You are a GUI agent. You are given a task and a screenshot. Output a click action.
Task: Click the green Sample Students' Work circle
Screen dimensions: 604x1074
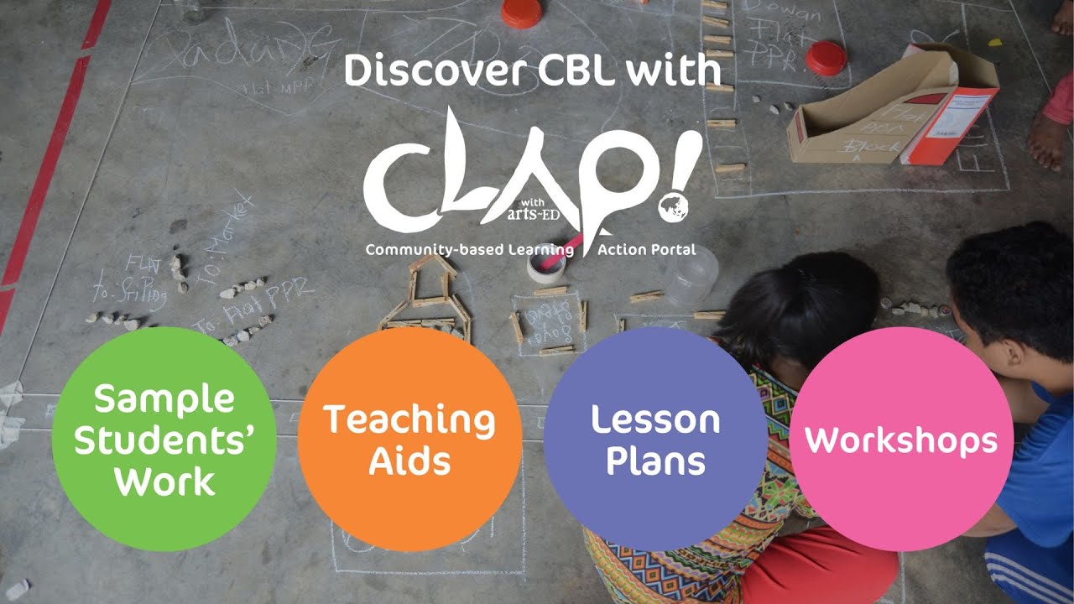(164, 439)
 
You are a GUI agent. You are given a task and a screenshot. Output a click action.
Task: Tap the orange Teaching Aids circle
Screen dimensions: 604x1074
(409, 439)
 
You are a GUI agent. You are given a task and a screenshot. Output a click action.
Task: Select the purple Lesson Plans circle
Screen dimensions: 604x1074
(655, 439)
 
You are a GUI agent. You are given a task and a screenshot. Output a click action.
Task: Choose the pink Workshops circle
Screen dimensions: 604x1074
(901, 439)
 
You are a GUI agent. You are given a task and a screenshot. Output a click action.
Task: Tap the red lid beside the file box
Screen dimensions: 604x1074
(826, 58)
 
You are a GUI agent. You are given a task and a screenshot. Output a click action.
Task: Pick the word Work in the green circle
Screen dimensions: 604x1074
(164, 482)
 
